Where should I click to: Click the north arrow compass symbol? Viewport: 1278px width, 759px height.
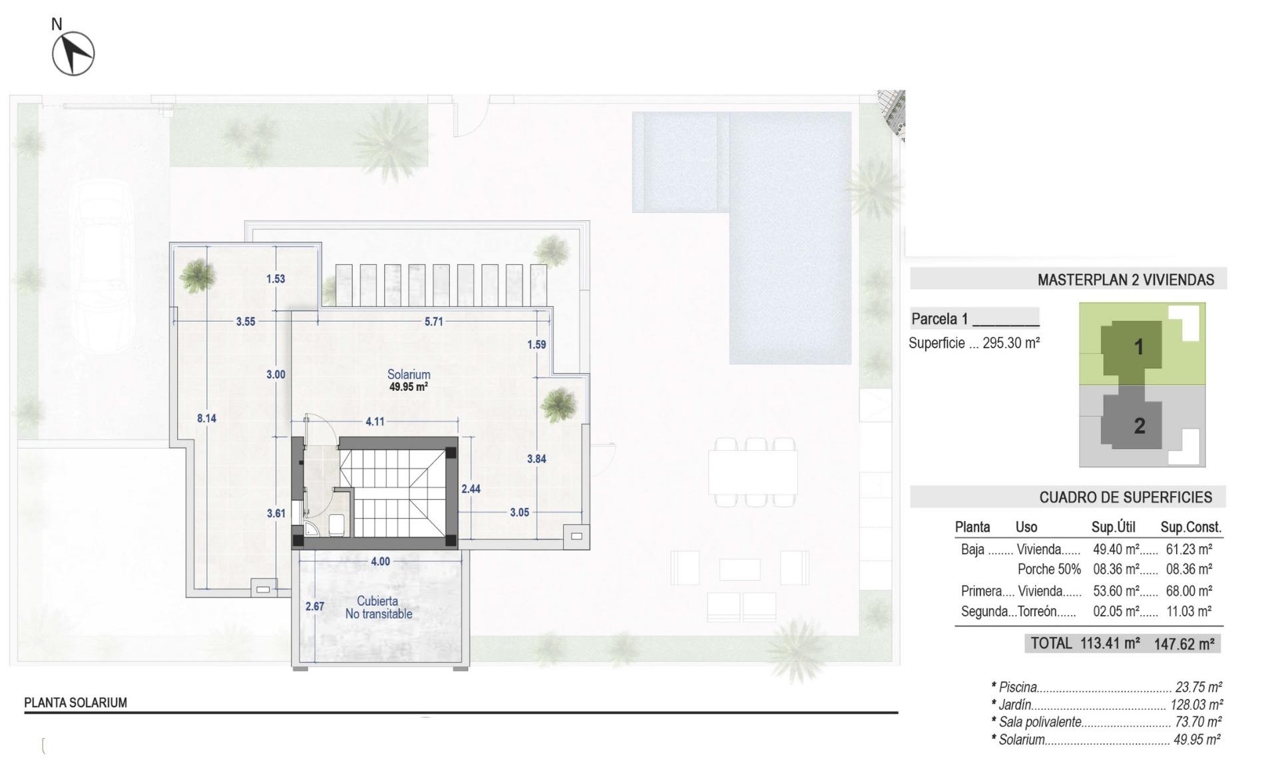tap(73, 53)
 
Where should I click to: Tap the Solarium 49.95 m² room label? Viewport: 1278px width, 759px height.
tap(409, 379)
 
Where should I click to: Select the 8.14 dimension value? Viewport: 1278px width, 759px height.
tap(206, 418)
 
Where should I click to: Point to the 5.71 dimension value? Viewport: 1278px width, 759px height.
tap(433, 322)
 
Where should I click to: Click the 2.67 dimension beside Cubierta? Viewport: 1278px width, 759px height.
tap(315, 606)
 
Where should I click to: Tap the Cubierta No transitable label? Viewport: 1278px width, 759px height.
tap(378, 607)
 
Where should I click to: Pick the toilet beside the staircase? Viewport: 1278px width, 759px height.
tap(337, 524)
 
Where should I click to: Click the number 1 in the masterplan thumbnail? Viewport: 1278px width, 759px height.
tap(1138, 347)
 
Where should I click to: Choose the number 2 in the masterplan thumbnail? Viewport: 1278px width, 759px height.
tap(1140, 425)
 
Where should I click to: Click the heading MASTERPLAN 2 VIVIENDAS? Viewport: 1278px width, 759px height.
tap(1126, 280)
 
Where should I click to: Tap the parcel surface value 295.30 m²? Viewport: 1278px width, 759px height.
tap(1011, 343)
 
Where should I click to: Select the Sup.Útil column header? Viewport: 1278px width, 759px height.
tap(1113, 527)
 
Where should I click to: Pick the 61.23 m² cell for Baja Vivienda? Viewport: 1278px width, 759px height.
tap(1189, 549)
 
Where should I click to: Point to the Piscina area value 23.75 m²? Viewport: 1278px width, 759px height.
tap(1198, 687)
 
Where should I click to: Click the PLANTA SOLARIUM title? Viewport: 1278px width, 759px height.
tap(75, 702)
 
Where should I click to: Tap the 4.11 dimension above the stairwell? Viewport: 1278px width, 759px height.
tap(375, 421)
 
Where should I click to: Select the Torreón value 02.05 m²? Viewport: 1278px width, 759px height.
tap(1116, 611)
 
